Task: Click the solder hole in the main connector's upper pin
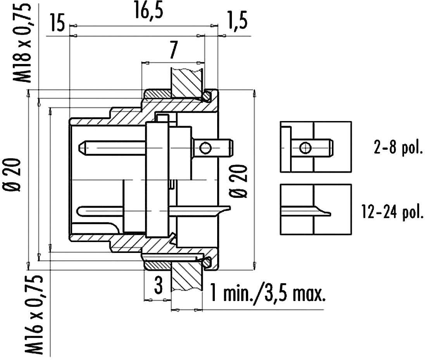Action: click(206, 148)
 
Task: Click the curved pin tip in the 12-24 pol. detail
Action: click(327, 212)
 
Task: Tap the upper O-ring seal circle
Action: click(208, 95)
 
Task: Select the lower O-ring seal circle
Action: click(208, 262)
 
